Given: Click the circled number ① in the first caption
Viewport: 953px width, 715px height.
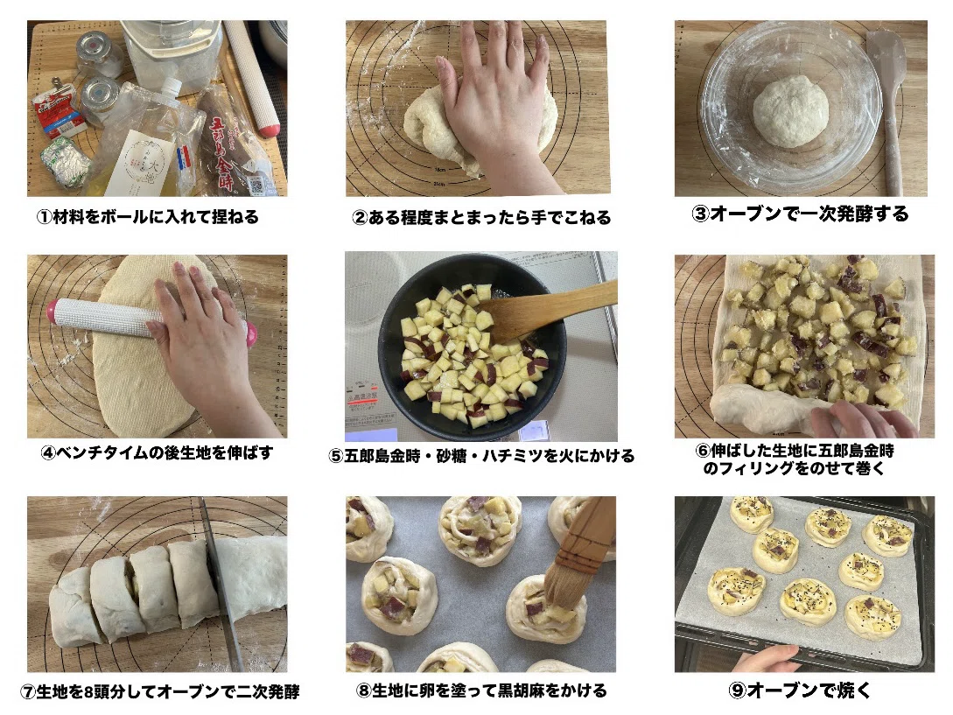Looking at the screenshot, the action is click(45, 217).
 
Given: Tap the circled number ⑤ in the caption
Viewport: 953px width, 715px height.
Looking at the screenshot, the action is click(335, 456).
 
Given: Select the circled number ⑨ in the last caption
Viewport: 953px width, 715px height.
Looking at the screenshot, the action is click(737, 690).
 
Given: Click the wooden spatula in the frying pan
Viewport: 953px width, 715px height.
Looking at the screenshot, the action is click(547, 309).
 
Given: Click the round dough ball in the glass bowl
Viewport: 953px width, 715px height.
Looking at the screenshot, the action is click(790, 110).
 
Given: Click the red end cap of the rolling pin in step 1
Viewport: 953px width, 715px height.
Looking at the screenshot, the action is click(268, 130).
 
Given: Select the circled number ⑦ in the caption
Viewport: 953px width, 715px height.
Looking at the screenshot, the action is click(28, 692).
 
